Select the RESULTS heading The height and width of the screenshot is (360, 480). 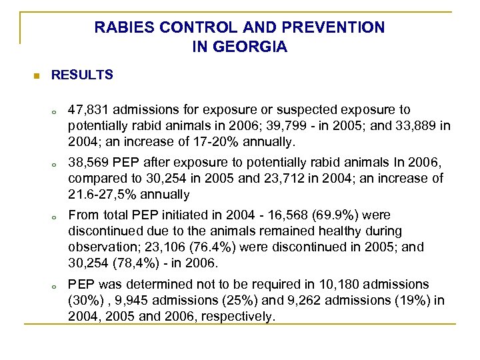(x=82, y=75)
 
